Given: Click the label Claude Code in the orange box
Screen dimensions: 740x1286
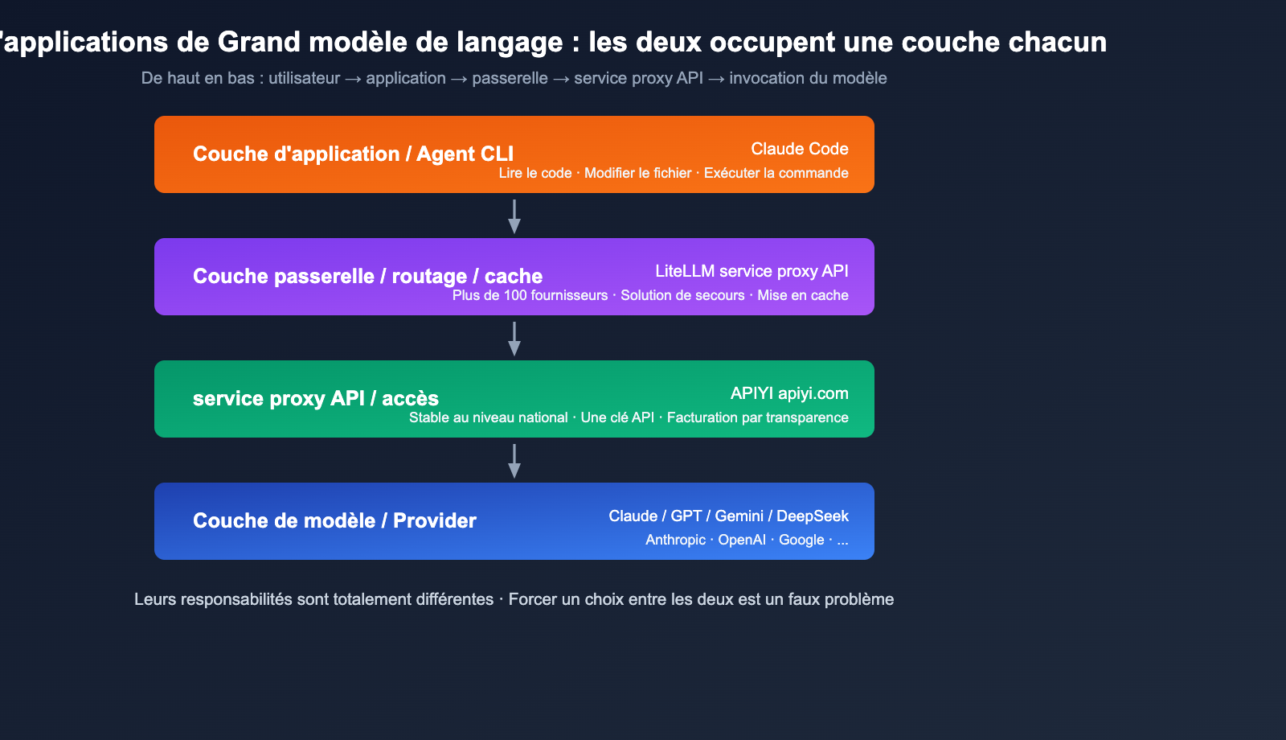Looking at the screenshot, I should click(799, 149).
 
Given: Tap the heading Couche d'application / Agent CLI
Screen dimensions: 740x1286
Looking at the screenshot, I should click(353, 154).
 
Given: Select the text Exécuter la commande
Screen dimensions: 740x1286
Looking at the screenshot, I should click(776, 173).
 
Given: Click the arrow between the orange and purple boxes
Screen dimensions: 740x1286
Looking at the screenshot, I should click(514, 216).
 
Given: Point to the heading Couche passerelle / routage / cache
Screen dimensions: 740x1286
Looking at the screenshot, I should click(367, 276).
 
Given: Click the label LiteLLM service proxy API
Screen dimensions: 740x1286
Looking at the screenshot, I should click(752, 271).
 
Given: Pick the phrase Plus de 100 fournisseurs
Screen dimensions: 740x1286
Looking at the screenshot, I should click(530, 295).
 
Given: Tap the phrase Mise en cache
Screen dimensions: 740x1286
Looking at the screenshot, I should click(802, 295).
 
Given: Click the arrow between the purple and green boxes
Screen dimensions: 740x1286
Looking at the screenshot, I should click(514, 339).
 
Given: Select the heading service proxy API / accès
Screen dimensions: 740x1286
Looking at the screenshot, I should click(315, 398).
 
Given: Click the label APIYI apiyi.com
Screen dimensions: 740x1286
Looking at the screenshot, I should click(788, 393).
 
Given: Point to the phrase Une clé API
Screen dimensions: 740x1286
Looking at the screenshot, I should click(617, 417).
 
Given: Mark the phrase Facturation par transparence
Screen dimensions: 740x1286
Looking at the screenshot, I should click(757, 417).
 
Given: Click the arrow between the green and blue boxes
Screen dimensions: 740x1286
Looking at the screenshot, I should click(514, 461).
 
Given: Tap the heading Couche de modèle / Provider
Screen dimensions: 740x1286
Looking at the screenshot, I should click(334, 520).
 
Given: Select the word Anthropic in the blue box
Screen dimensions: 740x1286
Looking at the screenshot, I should click(675, 540).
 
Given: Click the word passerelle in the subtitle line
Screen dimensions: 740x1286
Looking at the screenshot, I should click(510, 78).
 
